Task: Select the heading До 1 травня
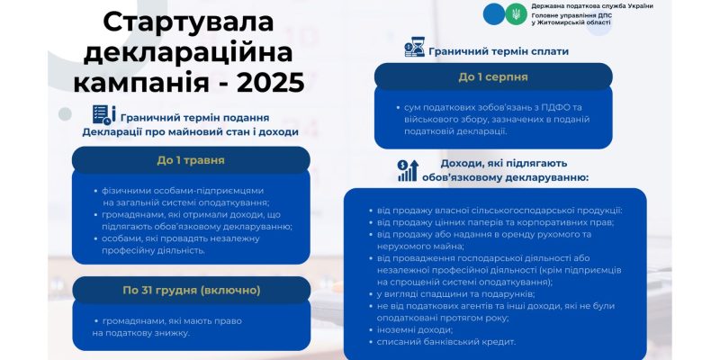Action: (x=191, y=160)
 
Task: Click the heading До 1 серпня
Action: (x=492, y=76)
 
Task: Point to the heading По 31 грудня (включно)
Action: (x=191, y=290)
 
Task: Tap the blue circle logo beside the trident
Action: (x=493, y=13)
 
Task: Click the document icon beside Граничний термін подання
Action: (x=103, y=115)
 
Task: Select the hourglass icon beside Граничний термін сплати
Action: (x=414, y=49)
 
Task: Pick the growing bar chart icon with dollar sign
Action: (x=408, y=169)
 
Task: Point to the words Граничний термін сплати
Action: (x=499, y=51)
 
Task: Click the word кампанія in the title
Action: (x=144, y=82)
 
